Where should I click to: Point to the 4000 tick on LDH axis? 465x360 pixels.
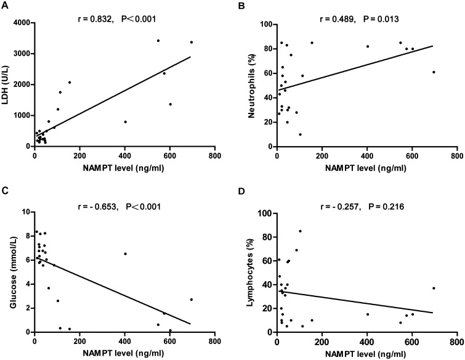[20, 23]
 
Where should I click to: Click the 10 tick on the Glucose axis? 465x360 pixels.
[26, 211]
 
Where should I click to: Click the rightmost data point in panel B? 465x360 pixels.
[434, 72]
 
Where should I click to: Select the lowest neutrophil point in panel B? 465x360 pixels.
[300, 134]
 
